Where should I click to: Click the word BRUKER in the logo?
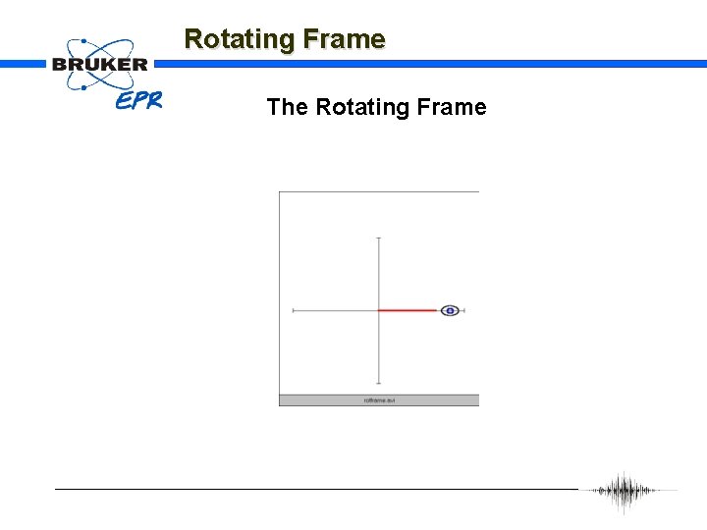(100, 65)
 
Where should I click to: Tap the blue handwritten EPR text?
(138, 100)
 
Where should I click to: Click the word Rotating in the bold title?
(240, 39)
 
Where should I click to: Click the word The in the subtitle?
(287, 107)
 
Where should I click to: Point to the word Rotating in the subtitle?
(359, 107)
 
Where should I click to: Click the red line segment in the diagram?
(408, 310)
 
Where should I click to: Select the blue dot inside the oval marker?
(450, 310)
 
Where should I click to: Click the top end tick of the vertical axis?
(379, 238)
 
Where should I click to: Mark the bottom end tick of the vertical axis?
(379, 384)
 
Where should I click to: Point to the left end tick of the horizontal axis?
(294, 310)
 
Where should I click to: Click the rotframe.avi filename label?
(378, 400)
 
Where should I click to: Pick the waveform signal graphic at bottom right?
(625, 491)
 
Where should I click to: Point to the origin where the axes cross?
(379, 310)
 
